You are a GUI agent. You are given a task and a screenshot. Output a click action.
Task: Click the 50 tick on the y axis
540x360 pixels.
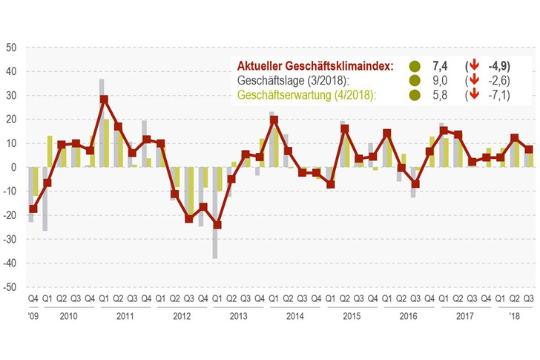click(11, 47)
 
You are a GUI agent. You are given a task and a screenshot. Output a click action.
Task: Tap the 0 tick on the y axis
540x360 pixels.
click(13, 167)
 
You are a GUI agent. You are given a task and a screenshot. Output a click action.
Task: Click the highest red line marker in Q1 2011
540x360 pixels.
click(104, 99)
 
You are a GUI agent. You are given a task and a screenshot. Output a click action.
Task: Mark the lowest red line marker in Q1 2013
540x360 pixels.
click(217, 225)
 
